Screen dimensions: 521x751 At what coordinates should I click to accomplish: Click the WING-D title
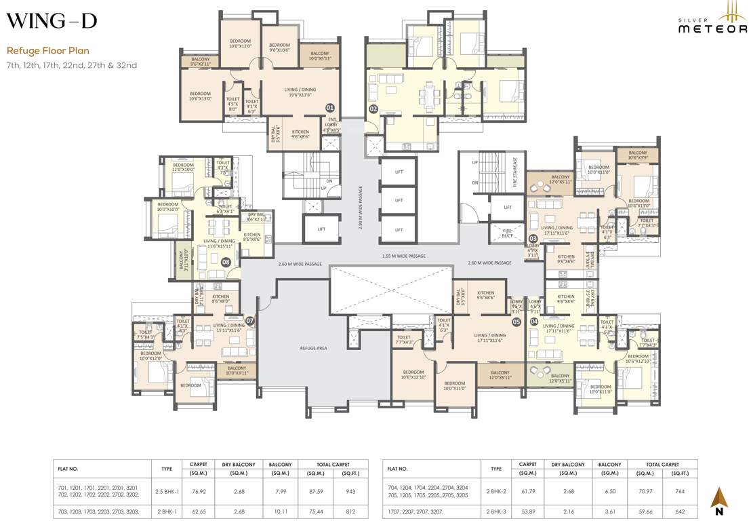(x=52, y=21)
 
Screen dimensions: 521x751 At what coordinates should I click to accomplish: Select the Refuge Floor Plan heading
(x=48, y=50)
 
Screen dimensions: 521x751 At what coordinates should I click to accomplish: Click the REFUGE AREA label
(x=313, y=347)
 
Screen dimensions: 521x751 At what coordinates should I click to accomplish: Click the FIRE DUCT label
(x=507, y=233)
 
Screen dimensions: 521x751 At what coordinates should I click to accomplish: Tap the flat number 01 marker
(x=330, y=108)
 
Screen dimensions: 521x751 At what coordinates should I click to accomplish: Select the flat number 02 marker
(x=373, y=109)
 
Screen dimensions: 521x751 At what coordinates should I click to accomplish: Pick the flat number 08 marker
(x=226, y=260)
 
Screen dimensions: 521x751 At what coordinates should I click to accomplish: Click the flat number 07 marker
(x=249, y=320)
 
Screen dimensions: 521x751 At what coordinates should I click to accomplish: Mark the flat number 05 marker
(x=516, y=322)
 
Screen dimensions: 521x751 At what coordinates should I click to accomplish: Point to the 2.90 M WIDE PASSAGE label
(x=361, y=207)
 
